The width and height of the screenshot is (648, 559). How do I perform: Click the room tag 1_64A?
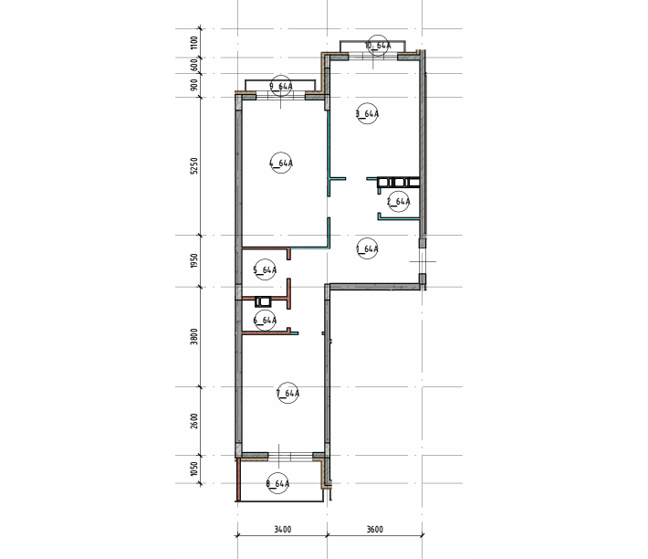point(367,249)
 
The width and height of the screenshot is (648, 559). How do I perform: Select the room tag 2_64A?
point(399,202)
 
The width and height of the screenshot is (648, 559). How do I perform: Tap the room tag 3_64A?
point(367,113)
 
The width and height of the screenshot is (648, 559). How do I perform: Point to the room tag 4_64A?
point(281,163)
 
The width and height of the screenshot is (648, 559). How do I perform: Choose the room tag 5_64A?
point(265,270)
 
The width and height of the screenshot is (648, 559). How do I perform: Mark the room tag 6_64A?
point(265,320)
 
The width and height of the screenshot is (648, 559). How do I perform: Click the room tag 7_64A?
point(287,393)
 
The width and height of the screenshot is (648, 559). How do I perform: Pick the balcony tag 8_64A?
point(277,483)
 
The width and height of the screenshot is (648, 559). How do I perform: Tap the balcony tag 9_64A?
point(281,86)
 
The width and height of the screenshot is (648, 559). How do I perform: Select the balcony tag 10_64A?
point(378,46)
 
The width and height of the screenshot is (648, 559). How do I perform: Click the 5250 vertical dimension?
point(194,166)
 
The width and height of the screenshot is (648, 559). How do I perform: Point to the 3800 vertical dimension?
point(194,336)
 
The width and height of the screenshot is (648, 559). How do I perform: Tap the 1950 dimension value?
point(194,261)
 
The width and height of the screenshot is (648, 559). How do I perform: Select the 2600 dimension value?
point(194,421)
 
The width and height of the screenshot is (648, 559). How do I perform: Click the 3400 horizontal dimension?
point(283,529)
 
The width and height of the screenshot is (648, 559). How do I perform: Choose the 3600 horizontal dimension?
point(375,529)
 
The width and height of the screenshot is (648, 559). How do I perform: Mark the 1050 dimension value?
point(194,469)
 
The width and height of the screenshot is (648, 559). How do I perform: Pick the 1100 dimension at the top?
point(194,43)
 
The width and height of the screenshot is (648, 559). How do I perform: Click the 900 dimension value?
point(194,85)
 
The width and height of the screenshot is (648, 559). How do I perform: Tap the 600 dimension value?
point(194,66)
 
